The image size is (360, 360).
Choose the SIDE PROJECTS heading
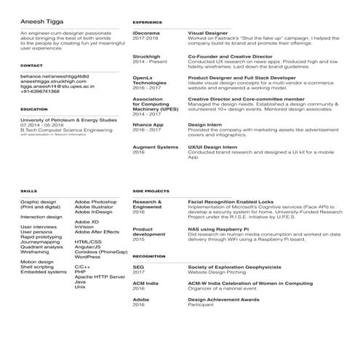click(x=151, y=191)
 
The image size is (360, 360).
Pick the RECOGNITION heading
click(x=149, y=257)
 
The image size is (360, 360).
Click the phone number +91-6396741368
click(x=41, y=91)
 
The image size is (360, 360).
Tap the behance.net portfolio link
click(x=54, y=76)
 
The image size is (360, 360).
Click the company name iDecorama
click(x=147, y=33)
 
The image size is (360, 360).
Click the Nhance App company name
click(x=148, y=124)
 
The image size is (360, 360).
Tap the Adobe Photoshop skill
click(x=95, y=201)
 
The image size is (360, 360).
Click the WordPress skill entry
click(x=87, y=257)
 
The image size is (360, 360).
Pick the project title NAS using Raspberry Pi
click(x=220, y=229)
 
